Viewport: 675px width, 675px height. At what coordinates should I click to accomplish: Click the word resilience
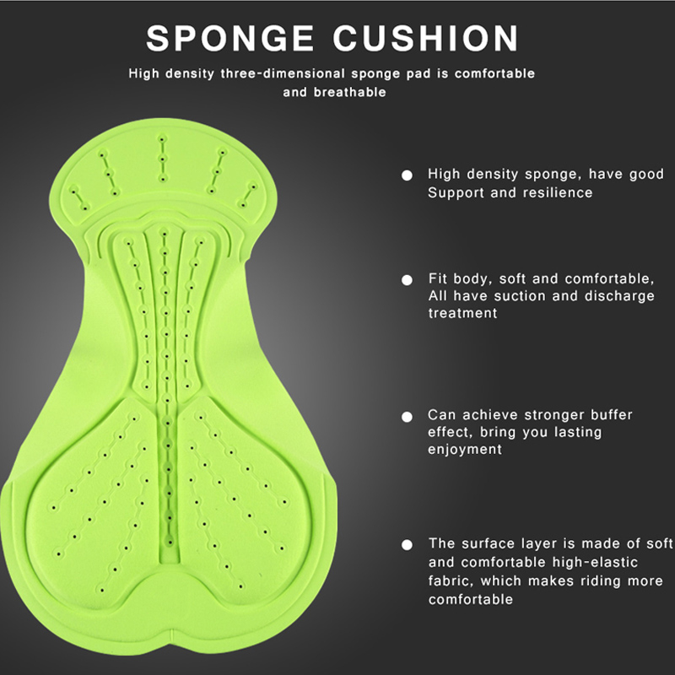(558, 192)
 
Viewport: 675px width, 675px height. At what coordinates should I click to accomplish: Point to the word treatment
(462, 313)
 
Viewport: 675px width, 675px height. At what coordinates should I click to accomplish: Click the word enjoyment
(465, 450)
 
